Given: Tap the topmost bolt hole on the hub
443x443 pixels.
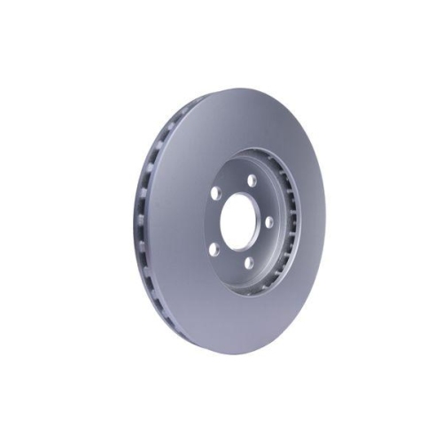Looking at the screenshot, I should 251,181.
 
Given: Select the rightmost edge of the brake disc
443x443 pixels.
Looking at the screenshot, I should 325,221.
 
